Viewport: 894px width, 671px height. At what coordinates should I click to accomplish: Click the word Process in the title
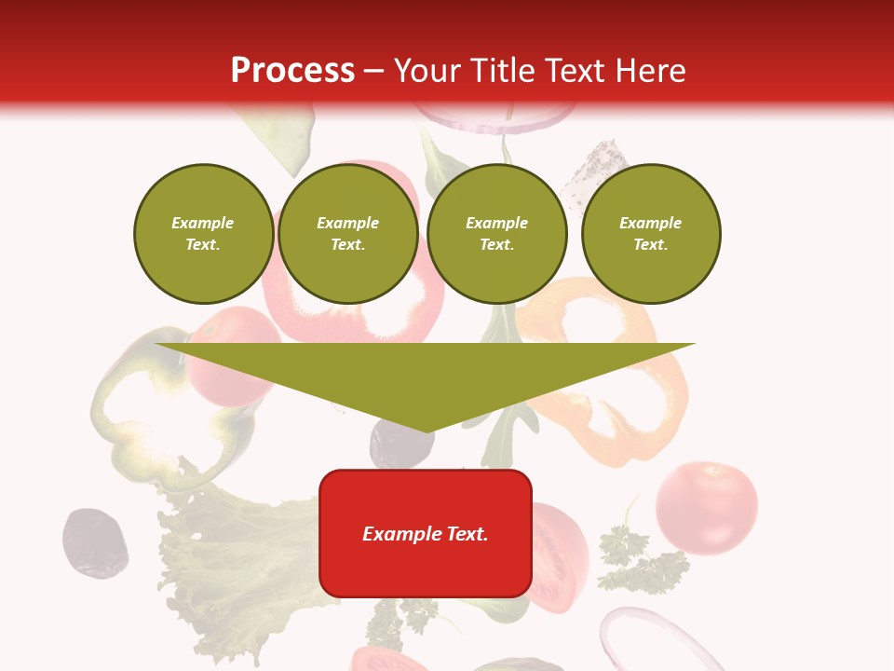[x=292, y=70]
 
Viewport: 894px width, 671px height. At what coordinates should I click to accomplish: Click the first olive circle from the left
[x=203, y=234]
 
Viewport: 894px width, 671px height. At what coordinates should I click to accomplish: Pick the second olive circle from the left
[x=347, y=234]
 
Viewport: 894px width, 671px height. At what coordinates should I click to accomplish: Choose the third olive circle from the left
[x=496, y=234]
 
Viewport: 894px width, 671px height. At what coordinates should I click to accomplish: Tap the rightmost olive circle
[x=650, y=234]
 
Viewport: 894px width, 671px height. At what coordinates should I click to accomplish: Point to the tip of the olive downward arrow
[x=427, y=430]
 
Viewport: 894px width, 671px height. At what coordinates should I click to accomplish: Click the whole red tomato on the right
[x=706, y=507]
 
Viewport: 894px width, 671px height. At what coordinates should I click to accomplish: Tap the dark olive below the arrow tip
[x=400, y=445]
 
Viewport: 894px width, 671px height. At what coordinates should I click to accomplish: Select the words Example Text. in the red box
[x=426, y=534]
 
